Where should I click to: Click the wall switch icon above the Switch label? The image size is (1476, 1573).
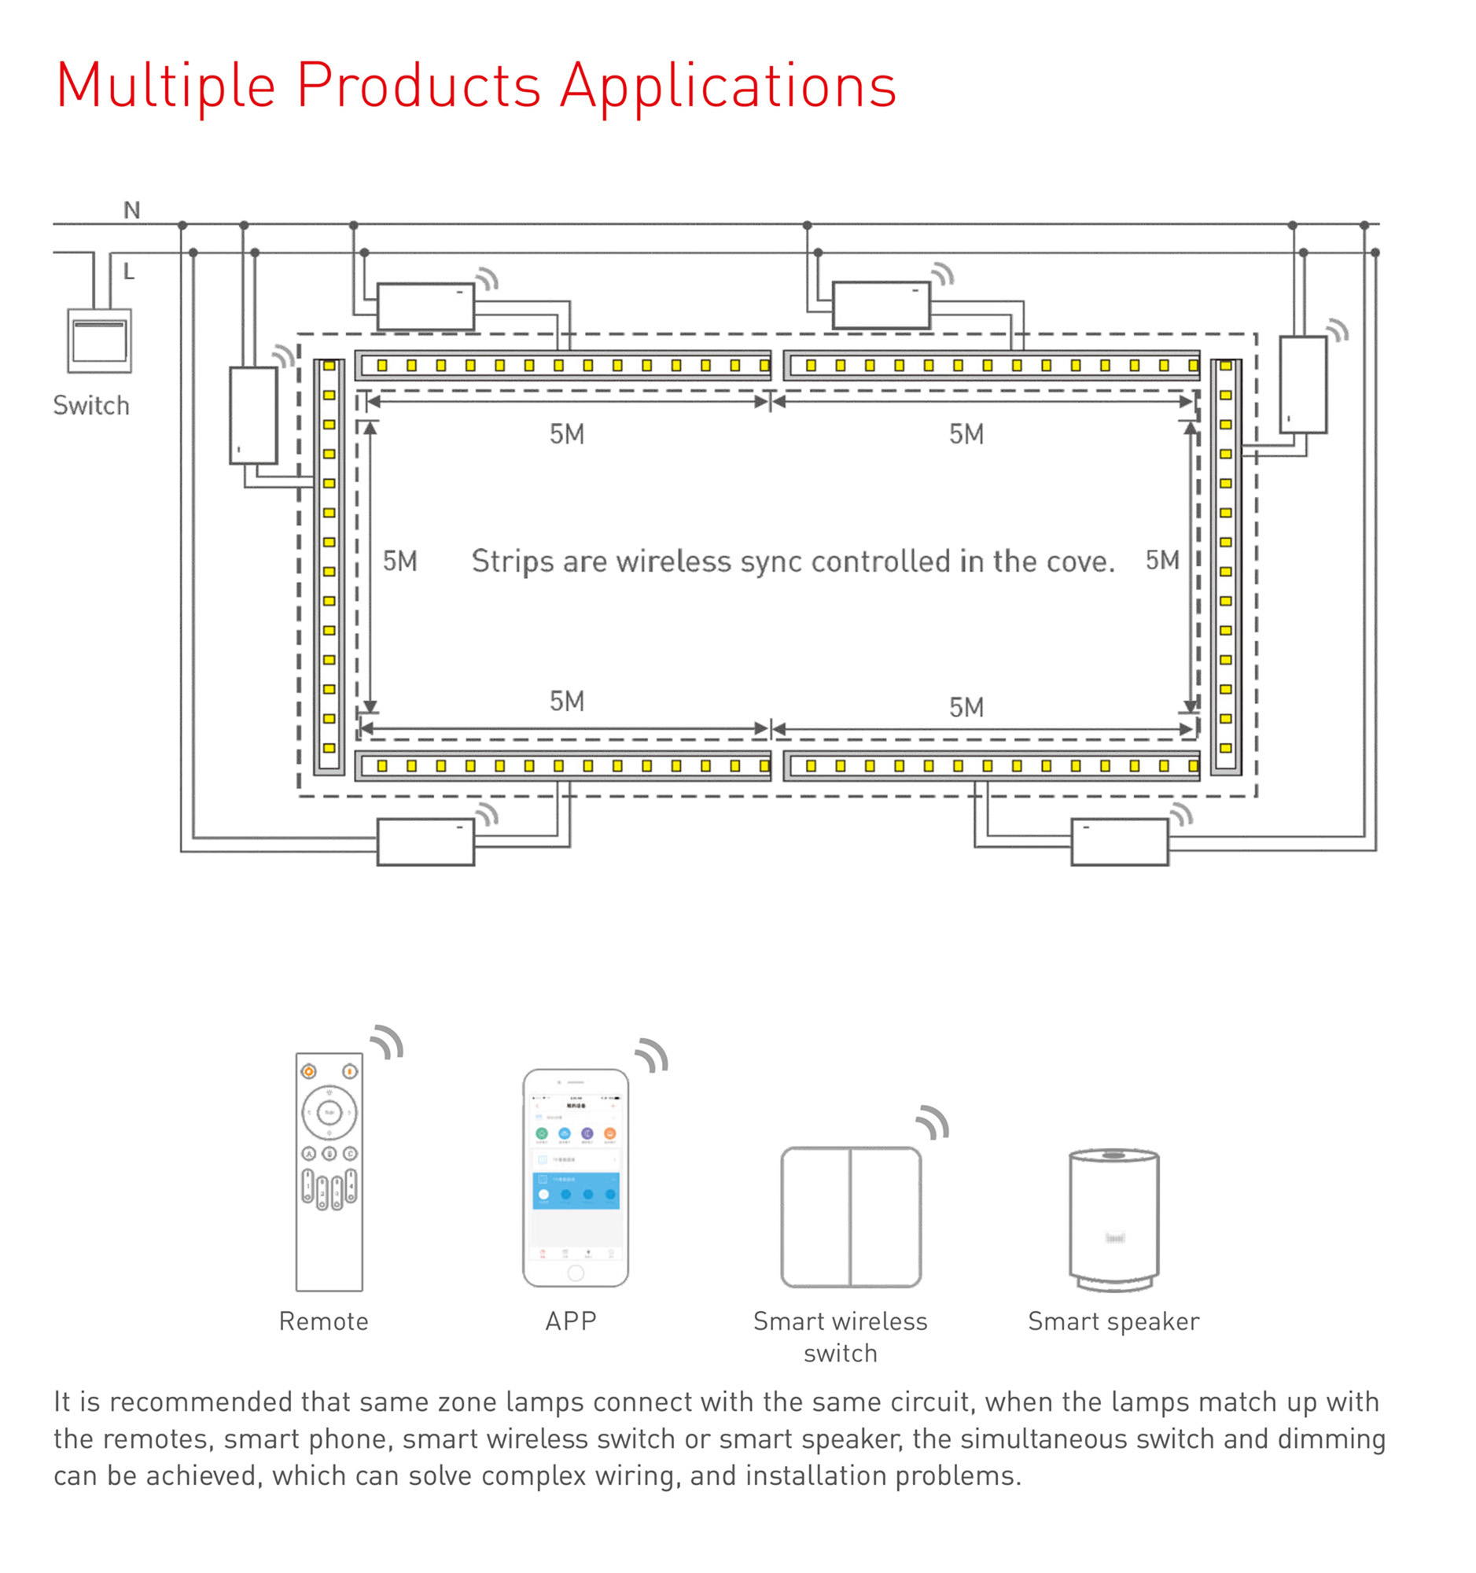tap(99, 341)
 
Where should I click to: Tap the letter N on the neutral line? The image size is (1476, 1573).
tap(131, 211)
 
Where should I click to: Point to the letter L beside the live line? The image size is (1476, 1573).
tap(129, 272)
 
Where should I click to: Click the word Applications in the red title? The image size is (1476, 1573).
tap(727, 86)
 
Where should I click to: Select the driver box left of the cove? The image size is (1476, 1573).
tap(253, 414)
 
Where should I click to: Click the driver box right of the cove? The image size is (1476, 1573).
tap(1303, 385)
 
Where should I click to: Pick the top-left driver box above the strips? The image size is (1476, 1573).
tap(425, 306)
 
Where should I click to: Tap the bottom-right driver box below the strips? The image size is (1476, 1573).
tap(1119, 842)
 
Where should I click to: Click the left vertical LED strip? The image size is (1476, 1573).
tap(329, 566)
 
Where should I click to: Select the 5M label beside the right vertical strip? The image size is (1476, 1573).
tap(1162, 560)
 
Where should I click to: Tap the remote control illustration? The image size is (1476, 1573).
tap(329, 1171)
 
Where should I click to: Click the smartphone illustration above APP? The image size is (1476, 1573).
tap(575, 1177)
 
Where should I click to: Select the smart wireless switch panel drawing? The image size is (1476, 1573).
tap(850, 1217)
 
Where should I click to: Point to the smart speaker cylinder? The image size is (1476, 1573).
tap(1113, 1218)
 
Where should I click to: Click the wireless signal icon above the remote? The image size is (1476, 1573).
tap(388, 1042)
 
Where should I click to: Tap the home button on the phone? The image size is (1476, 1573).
tap(575, 1273)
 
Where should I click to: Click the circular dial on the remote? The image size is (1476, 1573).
tap(329, 1112)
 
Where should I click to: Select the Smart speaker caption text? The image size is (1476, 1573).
tap(1113, 1321)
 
